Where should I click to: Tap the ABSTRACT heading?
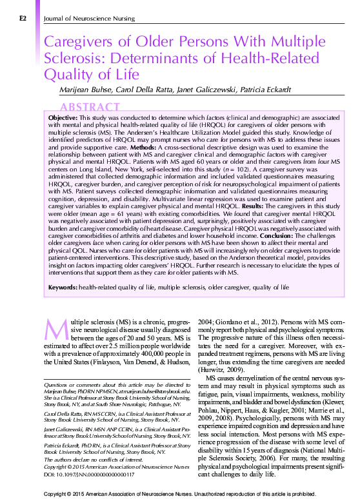90,107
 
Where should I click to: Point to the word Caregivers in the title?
77,43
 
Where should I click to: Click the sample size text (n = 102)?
243,168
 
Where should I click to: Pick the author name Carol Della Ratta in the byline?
139,89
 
